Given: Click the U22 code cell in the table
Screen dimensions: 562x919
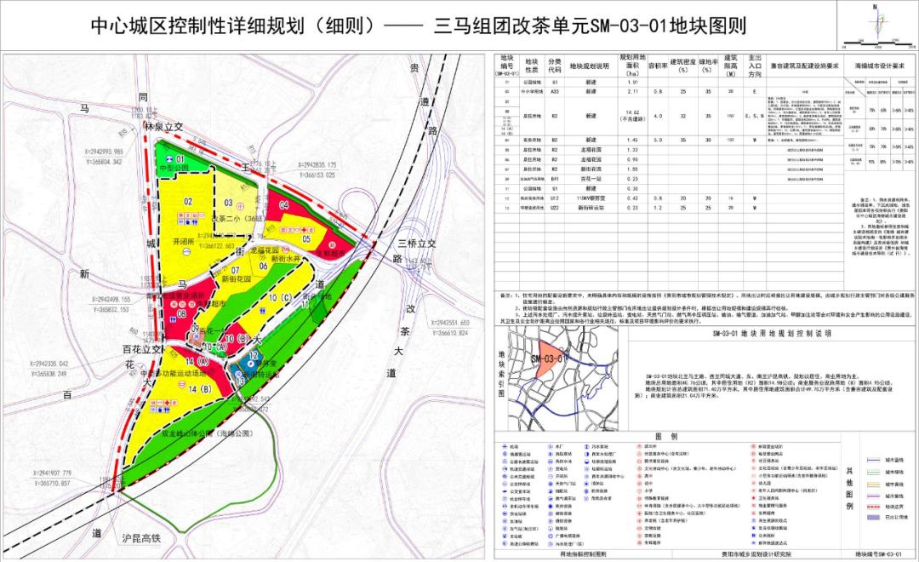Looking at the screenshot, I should coord(555,208).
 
